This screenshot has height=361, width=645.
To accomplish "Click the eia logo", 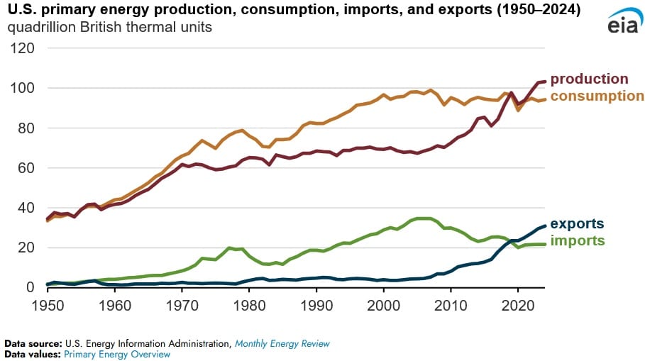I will click(x=622, y=22).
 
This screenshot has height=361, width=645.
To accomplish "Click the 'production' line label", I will click(x=589, y=79).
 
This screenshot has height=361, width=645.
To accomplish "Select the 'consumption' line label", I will click(x=597, y=96).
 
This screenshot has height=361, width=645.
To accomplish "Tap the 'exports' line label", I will click(x=577, y=224).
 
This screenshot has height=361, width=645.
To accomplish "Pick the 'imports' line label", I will click(x=578, y=240).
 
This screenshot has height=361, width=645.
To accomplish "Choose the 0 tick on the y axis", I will click(x=31, y=287).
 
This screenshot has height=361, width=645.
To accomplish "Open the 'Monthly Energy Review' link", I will click(x=282, y=343).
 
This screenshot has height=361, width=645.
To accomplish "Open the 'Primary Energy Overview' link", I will click(x=117, y=353).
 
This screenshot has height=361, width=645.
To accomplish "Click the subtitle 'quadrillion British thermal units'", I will click(x=109, y=28).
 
